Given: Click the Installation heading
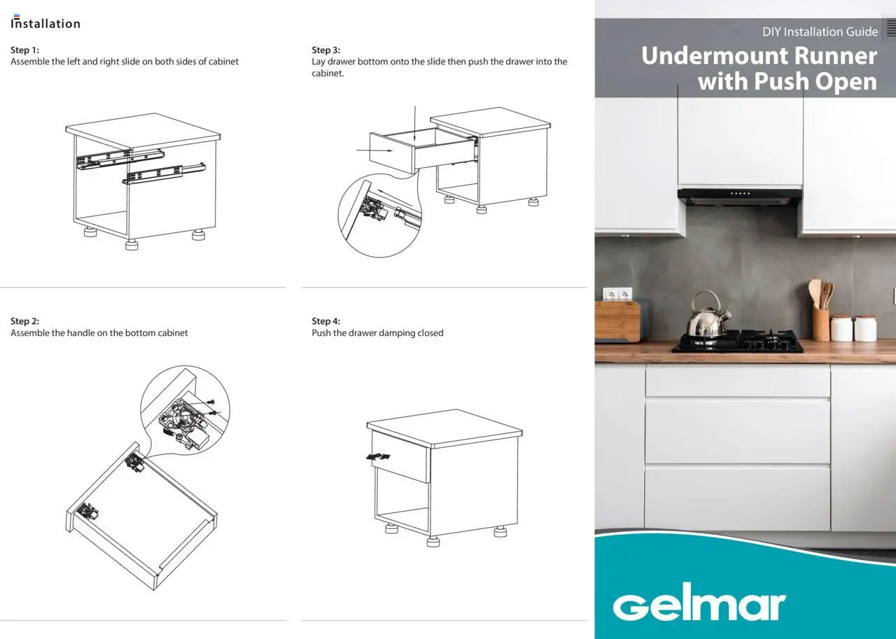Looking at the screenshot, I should click(x=45, y=24).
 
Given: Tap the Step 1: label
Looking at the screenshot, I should click(x=24, y=50).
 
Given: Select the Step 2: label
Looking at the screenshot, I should click(x=24, y=321).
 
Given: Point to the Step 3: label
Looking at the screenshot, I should click(x=325, y=50).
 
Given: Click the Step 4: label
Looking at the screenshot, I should click(x=325, y=321).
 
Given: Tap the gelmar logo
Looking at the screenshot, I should click(x=699, y=605).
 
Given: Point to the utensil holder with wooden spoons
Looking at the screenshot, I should click(x=820, y=318).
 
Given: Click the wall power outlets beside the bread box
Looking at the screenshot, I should click(x=617, y=293).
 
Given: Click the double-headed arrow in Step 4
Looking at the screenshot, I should click(x=379, y=456).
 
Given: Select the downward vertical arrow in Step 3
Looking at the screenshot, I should click(x=415, y=126).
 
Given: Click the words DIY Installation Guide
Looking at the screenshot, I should click(x=820, y=31).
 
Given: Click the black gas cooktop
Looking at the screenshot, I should click(x=738, y=341).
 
